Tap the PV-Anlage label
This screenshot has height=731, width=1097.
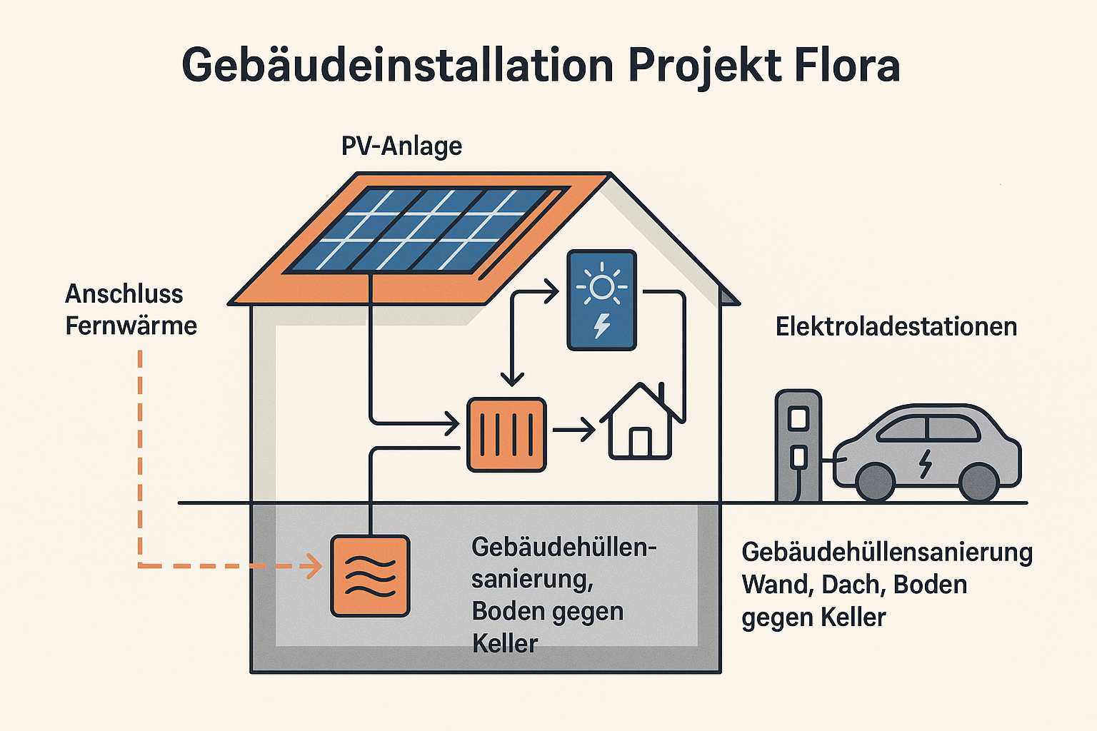coord(401,146)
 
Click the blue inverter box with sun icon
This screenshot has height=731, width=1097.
coord(601,300)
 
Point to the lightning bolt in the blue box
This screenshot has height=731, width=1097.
coord(602,326)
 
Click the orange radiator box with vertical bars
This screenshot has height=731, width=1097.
coord(506,435)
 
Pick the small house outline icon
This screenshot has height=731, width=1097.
coord(641,425)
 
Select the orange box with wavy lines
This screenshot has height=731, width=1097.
coord(370,575)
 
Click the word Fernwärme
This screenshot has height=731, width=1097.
coord(131,326)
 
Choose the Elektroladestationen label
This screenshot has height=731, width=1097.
coord(896,327)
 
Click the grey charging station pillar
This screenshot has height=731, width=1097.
coord(798,445)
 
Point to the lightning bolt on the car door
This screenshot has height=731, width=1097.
coord(926,463)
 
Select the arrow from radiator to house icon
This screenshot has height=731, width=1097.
coord(573,430)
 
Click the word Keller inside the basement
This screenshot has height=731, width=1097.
coord(505,644)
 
